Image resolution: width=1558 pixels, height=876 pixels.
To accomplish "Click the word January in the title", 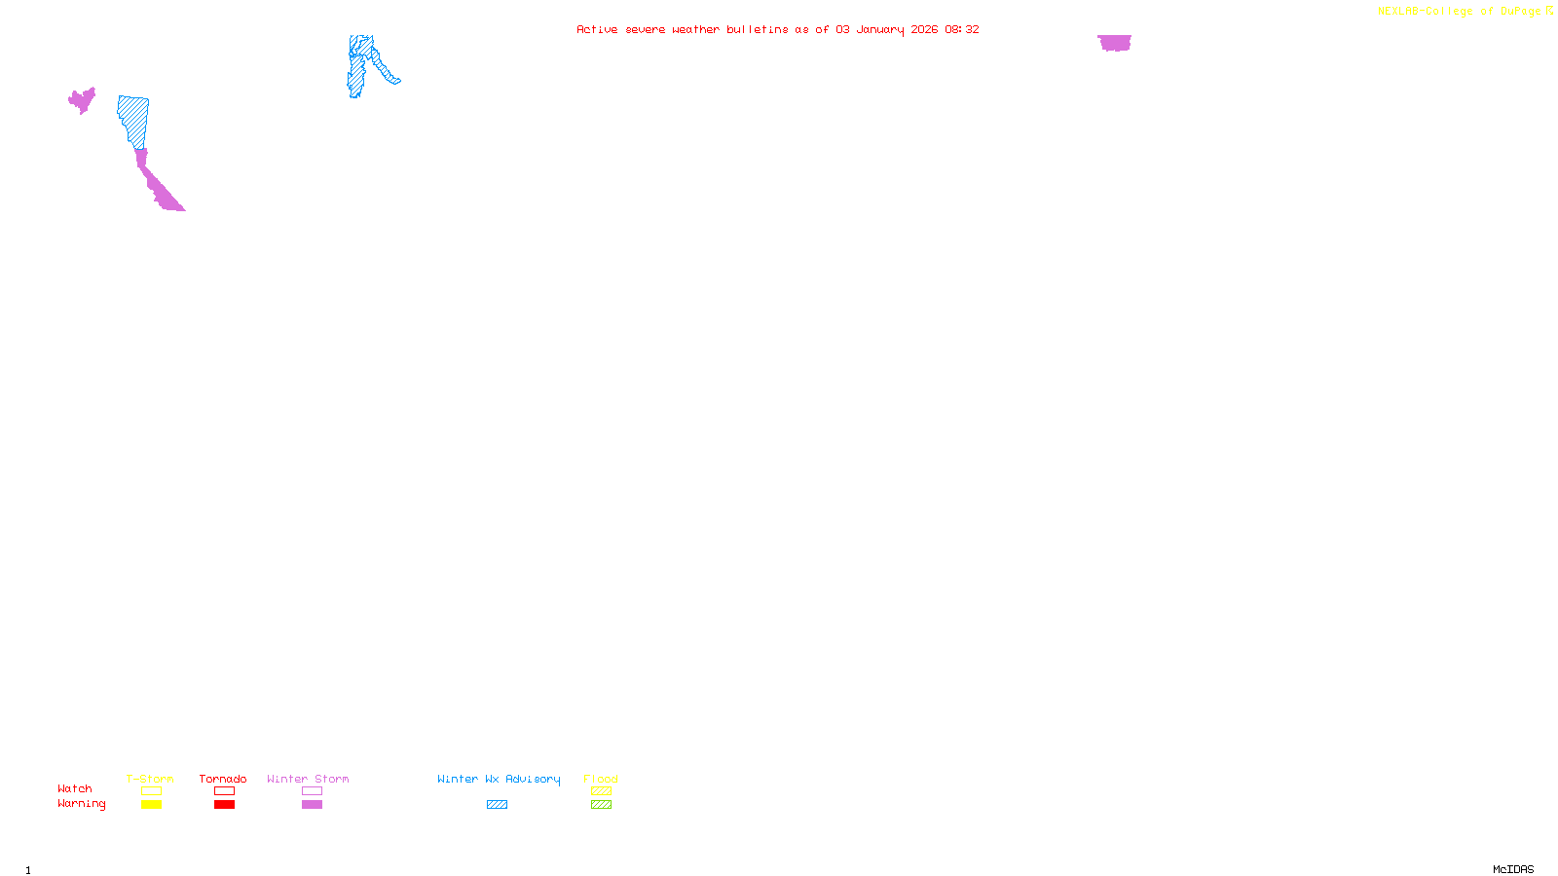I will pos(879,29).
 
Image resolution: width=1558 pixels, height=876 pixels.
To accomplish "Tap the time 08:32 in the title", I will pos(961,29).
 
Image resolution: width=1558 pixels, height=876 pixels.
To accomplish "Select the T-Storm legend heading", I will pos(150,779).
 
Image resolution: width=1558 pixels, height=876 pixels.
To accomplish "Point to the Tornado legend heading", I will pos(223,779).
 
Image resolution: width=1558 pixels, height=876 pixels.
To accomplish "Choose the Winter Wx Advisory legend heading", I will pos(499,779).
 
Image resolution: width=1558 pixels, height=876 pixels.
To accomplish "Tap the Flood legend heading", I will pos(601,779).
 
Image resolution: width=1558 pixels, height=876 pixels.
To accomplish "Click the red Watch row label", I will pos(75,788).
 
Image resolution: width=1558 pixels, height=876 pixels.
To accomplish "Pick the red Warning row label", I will pos(82,804).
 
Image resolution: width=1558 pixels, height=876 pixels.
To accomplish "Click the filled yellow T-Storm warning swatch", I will pos(151,805).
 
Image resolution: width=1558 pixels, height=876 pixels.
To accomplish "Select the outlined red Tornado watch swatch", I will pos(224,791).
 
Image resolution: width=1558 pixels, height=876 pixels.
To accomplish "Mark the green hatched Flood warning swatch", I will pos(601,805).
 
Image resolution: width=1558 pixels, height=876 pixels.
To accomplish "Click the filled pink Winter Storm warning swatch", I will pos(312,805).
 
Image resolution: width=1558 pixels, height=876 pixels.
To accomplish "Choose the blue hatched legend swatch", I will pos(497,805).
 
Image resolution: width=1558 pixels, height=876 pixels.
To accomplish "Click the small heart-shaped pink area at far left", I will pos(82,100).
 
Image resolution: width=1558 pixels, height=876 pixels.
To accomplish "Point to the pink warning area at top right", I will pos(1114,43).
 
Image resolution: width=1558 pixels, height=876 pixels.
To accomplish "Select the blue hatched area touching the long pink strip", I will pos(133,120).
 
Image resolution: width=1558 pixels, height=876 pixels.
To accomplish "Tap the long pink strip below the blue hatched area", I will pos(157,185).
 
